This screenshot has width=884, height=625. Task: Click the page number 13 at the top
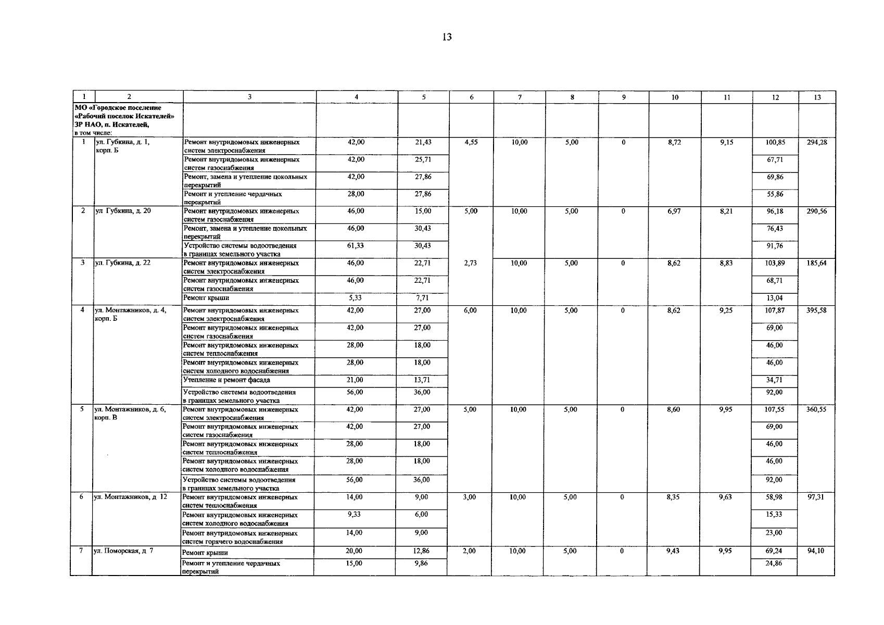click(446, 37)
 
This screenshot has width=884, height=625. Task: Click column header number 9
click(624, 97)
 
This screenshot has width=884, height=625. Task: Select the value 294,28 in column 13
click(817, 142)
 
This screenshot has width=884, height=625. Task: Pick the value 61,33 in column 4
click(356, 245)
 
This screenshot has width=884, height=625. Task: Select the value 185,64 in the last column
click(816, 263)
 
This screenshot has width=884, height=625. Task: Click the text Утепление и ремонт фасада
click(226, 380)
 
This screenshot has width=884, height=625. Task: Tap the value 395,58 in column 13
click(816, 310)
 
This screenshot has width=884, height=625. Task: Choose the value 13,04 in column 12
click(774, 298)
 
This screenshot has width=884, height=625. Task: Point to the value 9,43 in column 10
click(673, 551)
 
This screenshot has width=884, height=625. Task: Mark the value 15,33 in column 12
click(774, 515)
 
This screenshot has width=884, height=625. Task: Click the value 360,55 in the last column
click(816, 409)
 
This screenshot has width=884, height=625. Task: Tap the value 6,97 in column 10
click(674, 211)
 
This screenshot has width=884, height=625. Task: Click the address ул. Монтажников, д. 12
click(131, 497)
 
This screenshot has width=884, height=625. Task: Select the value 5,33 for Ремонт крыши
click(356, 298)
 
